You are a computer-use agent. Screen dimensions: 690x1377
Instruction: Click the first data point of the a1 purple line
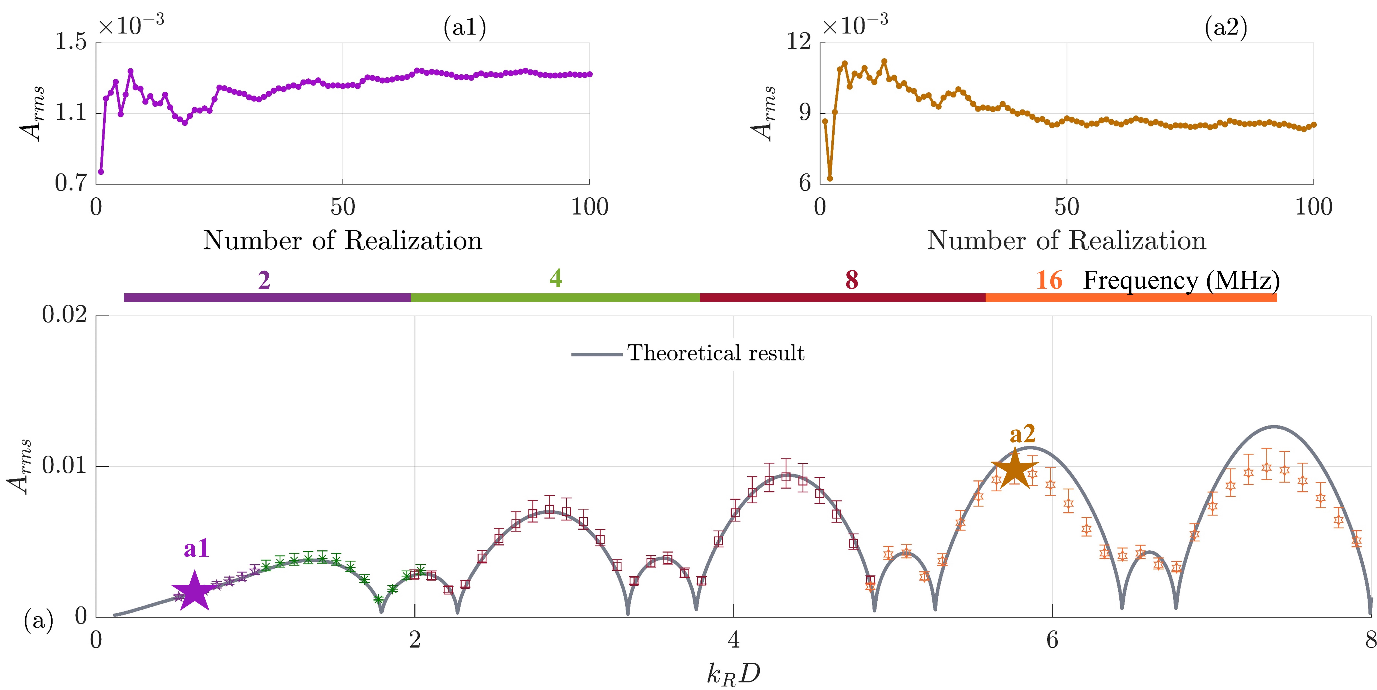coord(101,172)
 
